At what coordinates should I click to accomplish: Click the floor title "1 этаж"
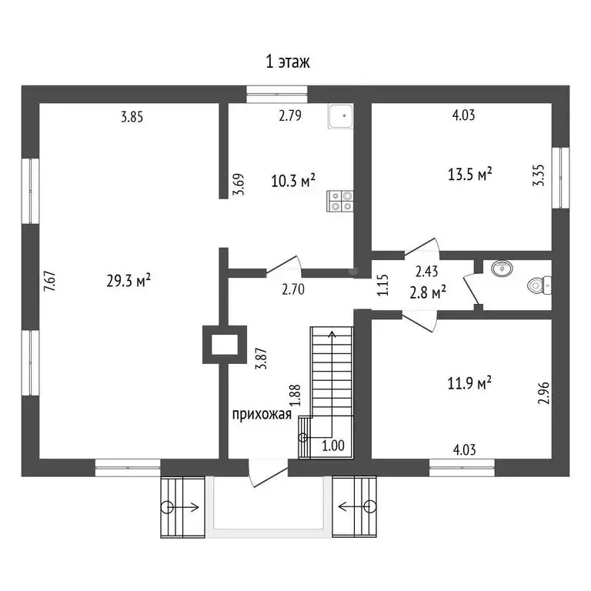[x=288, y=62]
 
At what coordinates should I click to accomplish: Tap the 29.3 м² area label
[x=129, y=280]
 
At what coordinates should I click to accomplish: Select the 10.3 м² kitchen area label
[x=293, y=182]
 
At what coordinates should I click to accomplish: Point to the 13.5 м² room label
[x=469, y=174]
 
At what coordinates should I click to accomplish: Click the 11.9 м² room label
[x=469, y=383]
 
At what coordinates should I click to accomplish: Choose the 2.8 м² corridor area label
[x=428, y=292]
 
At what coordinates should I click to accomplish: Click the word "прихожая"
[x=262, y=415]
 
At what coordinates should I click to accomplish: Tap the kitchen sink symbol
[x=341, y=116]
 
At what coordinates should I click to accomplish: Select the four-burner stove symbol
[x=340, y=201]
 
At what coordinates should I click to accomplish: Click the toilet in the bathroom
[x=539, y=285]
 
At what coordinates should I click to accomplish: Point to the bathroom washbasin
[x=502, y=268]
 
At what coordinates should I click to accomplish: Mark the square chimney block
[x=225, y=345]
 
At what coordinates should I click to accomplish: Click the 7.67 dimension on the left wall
[x=50, y=281]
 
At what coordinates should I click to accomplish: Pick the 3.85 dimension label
[x=132, y=117]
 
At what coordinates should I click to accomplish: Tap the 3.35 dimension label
[x=539, y=175]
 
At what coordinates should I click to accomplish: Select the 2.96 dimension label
[x=543, y=393]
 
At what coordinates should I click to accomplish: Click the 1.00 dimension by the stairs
[x=333, y=446]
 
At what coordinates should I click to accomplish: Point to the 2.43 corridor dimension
[x=426, y=272]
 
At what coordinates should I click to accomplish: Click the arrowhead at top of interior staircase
[x=332, y=334]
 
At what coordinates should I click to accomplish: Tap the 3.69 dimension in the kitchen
[x=239, y=184]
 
